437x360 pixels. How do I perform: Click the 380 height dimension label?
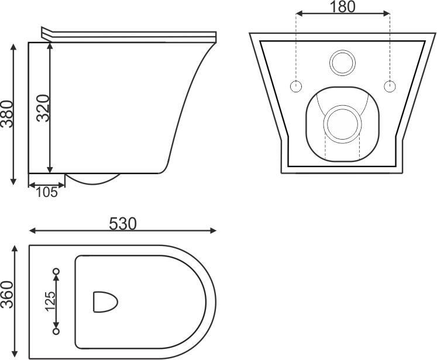7,114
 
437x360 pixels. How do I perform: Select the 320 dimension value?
43,108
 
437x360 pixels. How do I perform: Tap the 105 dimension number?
47,192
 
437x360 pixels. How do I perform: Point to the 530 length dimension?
123,224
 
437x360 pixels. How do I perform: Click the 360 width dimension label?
7,295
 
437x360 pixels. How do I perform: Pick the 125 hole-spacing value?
51,301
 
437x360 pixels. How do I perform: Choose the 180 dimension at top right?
342,7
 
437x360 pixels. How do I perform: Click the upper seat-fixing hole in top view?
56,271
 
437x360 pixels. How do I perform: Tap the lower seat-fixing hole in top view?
56,331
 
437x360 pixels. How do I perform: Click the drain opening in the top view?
105,302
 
